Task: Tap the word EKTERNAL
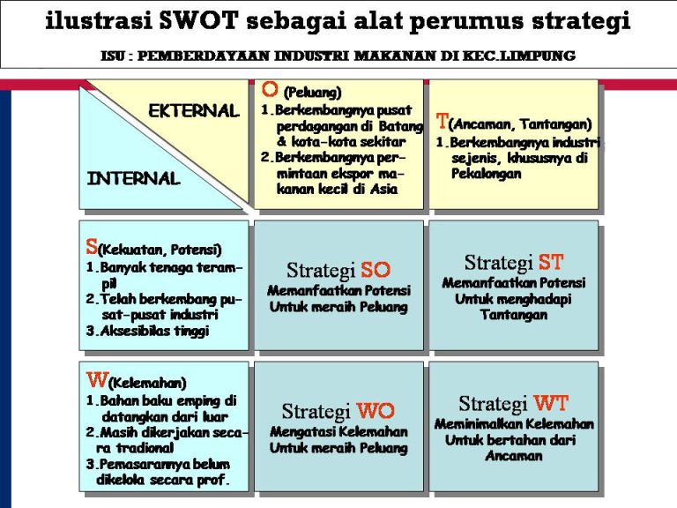click(194, 111)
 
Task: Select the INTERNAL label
click(133, 178)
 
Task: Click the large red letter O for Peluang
click(271, 89)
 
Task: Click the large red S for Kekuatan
click(92, 247)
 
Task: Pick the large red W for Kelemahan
click(97, 381)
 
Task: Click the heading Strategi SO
click(338, 270)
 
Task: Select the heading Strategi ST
click(513, 262)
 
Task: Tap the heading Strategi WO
click(338, 411)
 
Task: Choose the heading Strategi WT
click(513, 404)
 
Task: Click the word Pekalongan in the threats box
click(487, 174)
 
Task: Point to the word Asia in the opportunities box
click(383, 189)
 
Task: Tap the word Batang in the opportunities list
click(401, 126)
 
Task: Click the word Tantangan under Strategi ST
click(514, 315)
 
